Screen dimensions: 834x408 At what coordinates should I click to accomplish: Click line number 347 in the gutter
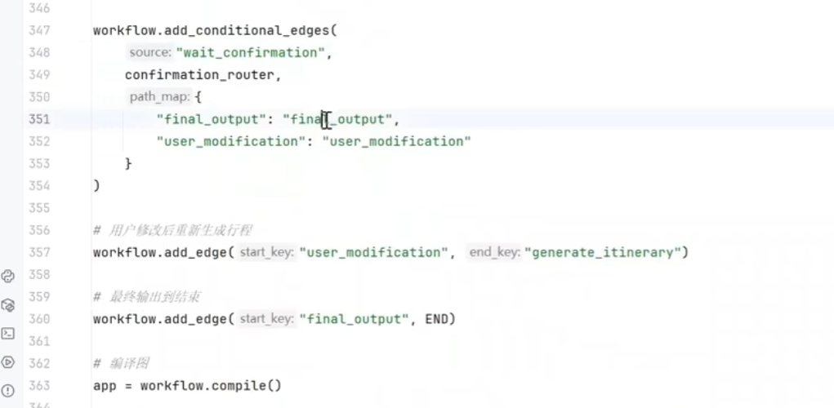point(38,30)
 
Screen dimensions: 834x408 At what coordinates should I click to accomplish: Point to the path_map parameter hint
point(160,97)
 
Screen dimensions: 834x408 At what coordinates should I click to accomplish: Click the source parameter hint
point(150,52)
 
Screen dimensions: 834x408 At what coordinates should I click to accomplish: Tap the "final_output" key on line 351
point(212,119)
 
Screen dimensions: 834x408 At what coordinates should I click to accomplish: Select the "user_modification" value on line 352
point(397,141)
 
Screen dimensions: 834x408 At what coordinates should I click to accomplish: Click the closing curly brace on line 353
point(128,163)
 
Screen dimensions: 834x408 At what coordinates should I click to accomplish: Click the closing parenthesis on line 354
point(96,185)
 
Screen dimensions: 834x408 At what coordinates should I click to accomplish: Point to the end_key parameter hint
point(493,252)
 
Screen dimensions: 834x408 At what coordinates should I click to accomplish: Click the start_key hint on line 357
point(266,252)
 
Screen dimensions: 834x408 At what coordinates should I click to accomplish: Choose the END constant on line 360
point(436,319)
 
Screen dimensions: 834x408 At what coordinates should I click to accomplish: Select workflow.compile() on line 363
point(211,385)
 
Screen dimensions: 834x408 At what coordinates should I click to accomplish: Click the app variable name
point(105,385)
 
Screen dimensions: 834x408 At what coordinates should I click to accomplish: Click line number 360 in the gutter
point(38,319)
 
